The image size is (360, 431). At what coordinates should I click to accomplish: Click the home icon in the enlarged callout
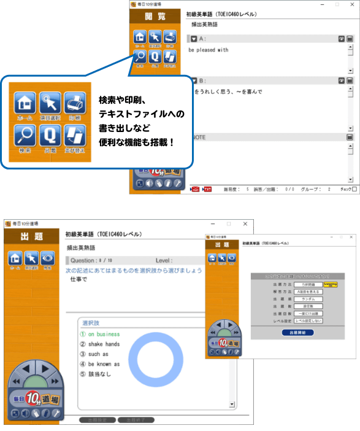pyautogui.click(x=25, y=104)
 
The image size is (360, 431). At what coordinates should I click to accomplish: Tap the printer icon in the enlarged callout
pyautogui.click(x=74, y=104)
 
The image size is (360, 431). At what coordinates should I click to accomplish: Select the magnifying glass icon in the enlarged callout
pyautogui.click(x=25, y=137)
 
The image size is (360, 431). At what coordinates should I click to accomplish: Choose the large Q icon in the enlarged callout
pyautogui.click(x=50, y=137)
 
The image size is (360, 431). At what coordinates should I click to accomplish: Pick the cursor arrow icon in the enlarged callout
pyautogui.click(x=50, y=104)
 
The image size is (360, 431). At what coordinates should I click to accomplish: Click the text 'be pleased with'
pyautogui.click(x=209, y=50)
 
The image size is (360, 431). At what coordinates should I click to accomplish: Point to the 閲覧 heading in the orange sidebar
pyautogui.click(x=156, y=17)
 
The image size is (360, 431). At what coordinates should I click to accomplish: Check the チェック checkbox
pyautogui.click(x=354, y=189)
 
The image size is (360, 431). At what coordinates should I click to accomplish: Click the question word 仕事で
pyautogui.click(x=79, y=279)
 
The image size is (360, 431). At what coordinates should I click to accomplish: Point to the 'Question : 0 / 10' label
pyautogui.click(x=93, y=260)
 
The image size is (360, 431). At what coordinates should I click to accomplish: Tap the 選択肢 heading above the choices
pyautogui.click(x=91, y=322)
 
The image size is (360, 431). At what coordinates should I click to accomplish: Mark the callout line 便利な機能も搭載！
pyautogui.click(x=136, y=142)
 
